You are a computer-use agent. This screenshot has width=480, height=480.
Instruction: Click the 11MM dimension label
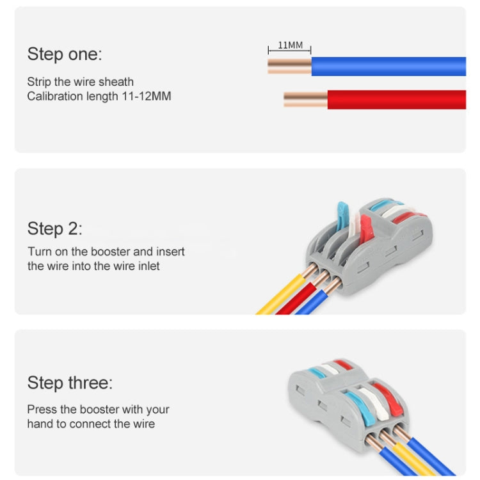290,45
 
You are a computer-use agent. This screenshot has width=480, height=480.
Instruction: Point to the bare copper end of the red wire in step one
305,99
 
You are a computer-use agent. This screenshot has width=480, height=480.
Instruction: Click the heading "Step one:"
64,54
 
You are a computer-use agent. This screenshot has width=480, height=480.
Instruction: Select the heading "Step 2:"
54,228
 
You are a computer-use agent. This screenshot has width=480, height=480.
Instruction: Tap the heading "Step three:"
69,383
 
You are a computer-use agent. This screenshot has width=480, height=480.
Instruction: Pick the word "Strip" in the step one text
39,82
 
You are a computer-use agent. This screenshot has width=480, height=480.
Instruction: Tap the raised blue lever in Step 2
342,214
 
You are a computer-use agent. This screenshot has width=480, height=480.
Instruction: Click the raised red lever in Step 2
365,228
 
